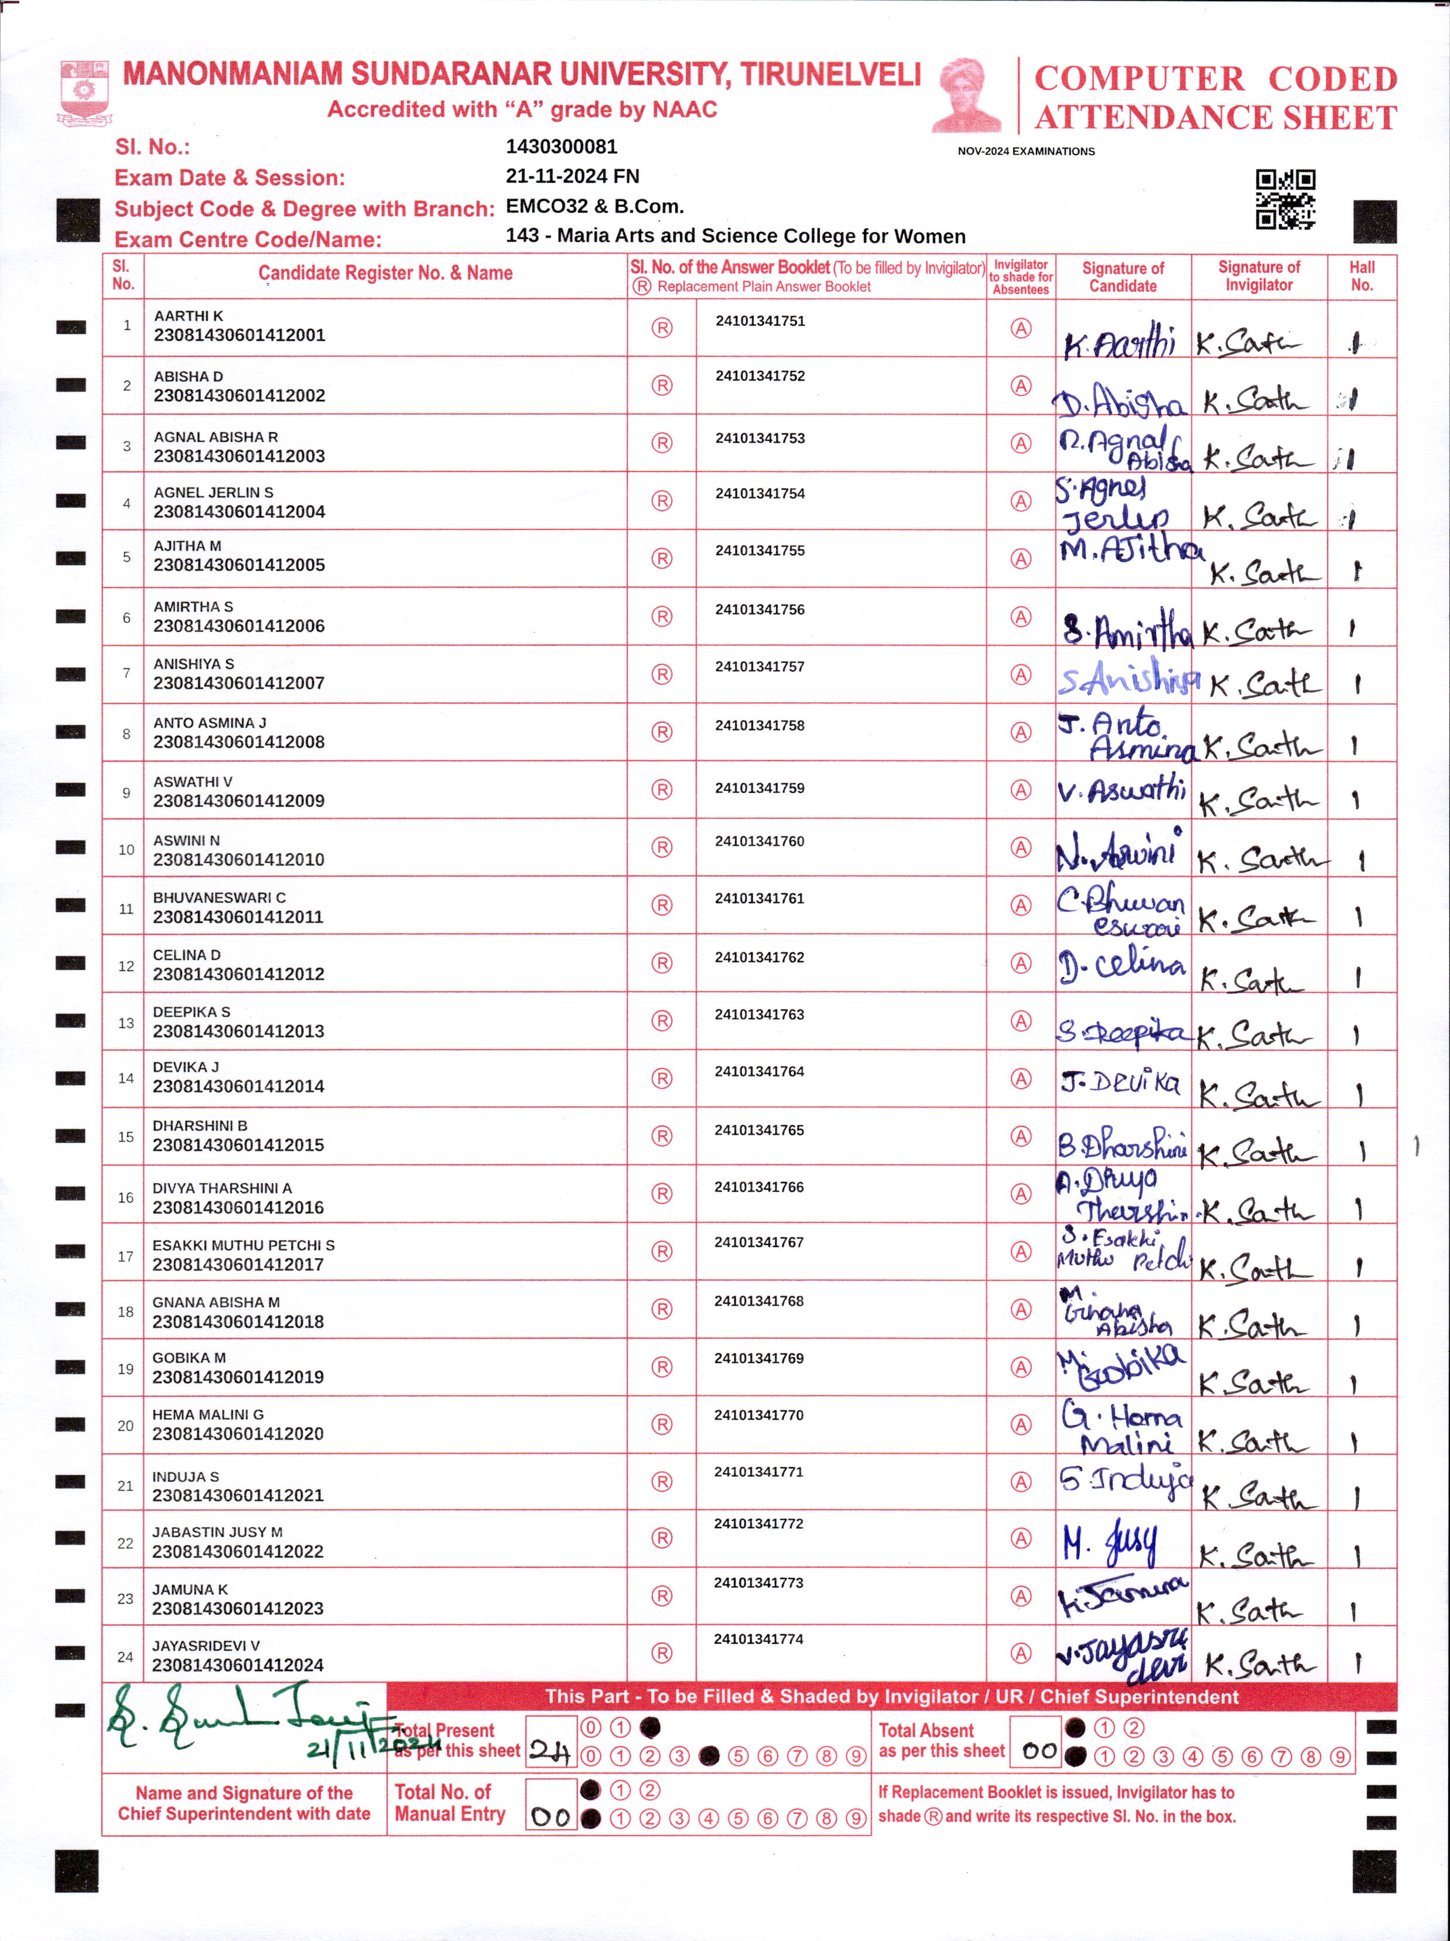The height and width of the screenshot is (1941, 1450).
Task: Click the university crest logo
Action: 84,91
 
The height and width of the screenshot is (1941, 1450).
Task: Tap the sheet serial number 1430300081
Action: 562,146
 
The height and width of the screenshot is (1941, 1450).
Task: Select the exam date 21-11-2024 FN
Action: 572,176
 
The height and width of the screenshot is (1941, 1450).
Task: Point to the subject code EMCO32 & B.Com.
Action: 595,206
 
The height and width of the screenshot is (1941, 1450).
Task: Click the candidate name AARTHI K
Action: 189,316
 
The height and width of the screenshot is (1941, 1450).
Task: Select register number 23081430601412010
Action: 238,860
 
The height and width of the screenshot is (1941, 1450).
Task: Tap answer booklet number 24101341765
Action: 759,1130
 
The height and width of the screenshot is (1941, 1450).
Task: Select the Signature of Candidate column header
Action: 1123,276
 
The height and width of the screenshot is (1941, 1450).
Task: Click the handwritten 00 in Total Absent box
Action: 1039,1751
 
